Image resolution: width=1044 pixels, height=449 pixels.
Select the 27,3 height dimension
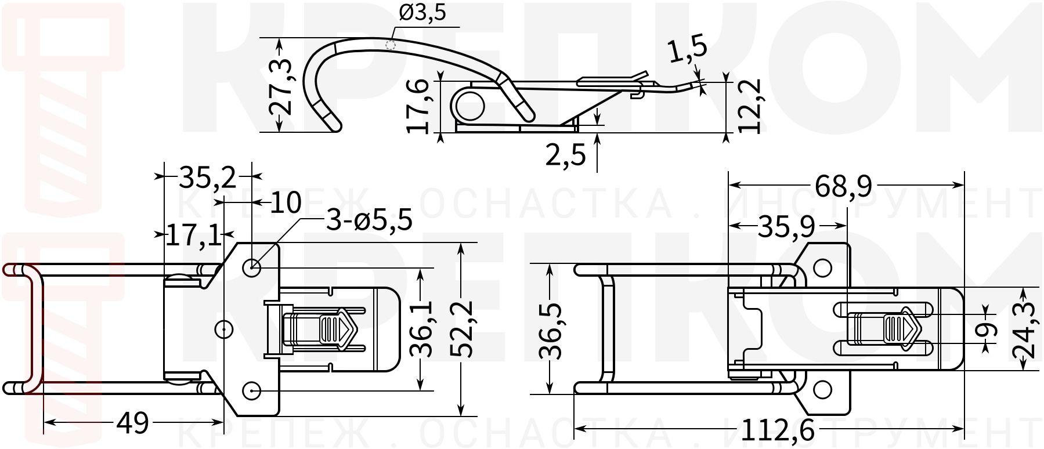(x=281, y=86)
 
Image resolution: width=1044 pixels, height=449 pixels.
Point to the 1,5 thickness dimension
(x=688, y=49)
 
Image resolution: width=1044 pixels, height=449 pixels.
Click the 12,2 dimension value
(x=750, y=107)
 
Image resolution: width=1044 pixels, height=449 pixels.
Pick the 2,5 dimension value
(x=565, y=155)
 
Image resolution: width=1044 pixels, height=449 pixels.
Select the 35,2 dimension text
(x=207, y=178)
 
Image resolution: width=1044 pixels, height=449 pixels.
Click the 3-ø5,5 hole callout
(x=369, y=220)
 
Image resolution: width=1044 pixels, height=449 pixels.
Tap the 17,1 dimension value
(x=193, y=236)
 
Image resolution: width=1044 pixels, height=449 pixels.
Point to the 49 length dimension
(x=132, y=423)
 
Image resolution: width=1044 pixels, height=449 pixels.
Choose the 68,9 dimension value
(x=843, y=186)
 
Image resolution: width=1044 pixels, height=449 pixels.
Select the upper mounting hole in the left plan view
(x=252, y=268)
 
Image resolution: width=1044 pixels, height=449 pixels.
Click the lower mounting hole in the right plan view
(x=822, y=390)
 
